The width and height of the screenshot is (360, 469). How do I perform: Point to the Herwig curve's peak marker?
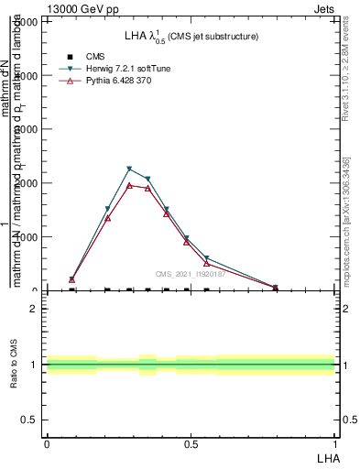(129, 169)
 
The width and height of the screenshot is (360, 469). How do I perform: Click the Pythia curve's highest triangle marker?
(129, 186)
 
